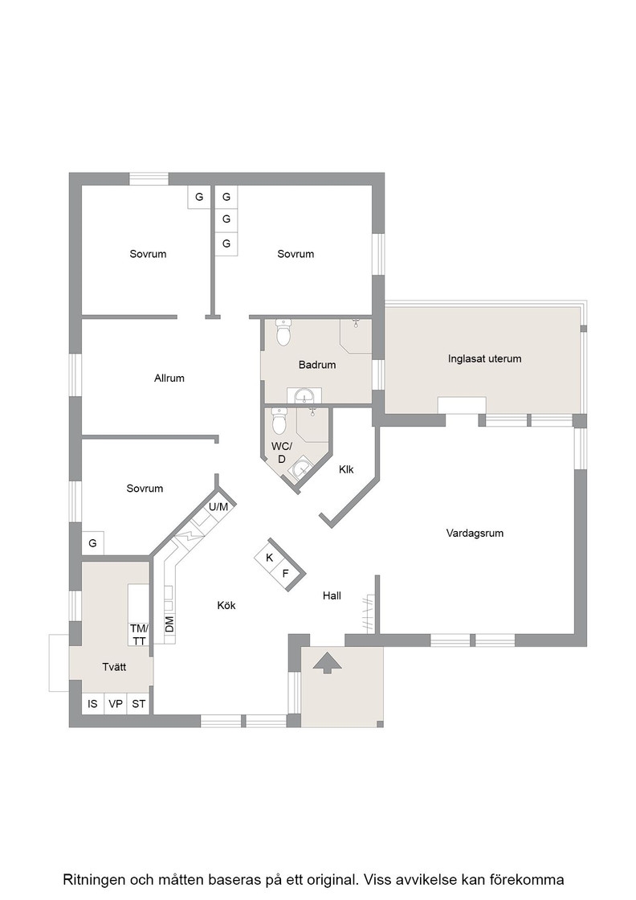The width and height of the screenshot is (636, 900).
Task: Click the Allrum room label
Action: (169, 378)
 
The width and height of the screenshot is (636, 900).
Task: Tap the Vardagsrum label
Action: (475, 534)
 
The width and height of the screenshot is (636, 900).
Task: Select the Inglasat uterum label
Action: (484, 358)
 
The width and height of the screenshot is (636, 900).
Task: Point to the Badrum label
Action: (317, 365)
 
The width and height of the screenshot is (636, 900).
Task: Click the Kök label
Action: (226, 605)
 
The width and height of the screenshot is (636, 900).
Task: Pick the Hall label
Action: (332, 595)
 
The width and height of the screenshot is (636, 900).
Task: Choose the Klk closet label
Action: (346, 469)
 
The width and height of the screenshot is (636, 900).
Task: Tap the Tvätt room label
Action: (114, 667)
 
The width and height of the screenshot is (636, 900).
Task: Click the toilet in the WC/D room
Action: (279, 421)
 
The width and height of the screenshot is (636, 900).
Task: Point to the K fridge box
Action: (269, 558)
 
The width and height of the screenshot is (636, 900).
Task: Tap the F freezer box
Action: (285, 574)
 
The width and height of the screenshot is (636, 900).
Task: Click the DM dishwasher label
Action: (169, 624)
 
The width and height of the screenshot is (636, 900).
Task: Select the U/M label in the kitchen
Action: (218, 507)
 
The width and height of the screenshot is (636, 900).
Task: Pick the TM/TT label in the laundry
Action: (139, 634)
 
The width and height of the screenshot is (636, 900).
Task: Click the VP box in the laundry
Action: (116, 704)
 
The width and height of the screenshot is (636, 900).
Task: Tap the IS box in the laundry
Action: (93, 704)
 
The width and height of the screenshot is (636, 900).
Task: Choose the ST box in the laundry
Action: (139, 704)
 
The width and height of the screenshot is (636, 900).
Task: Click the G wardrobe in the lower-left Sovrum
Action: (93, 543)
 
